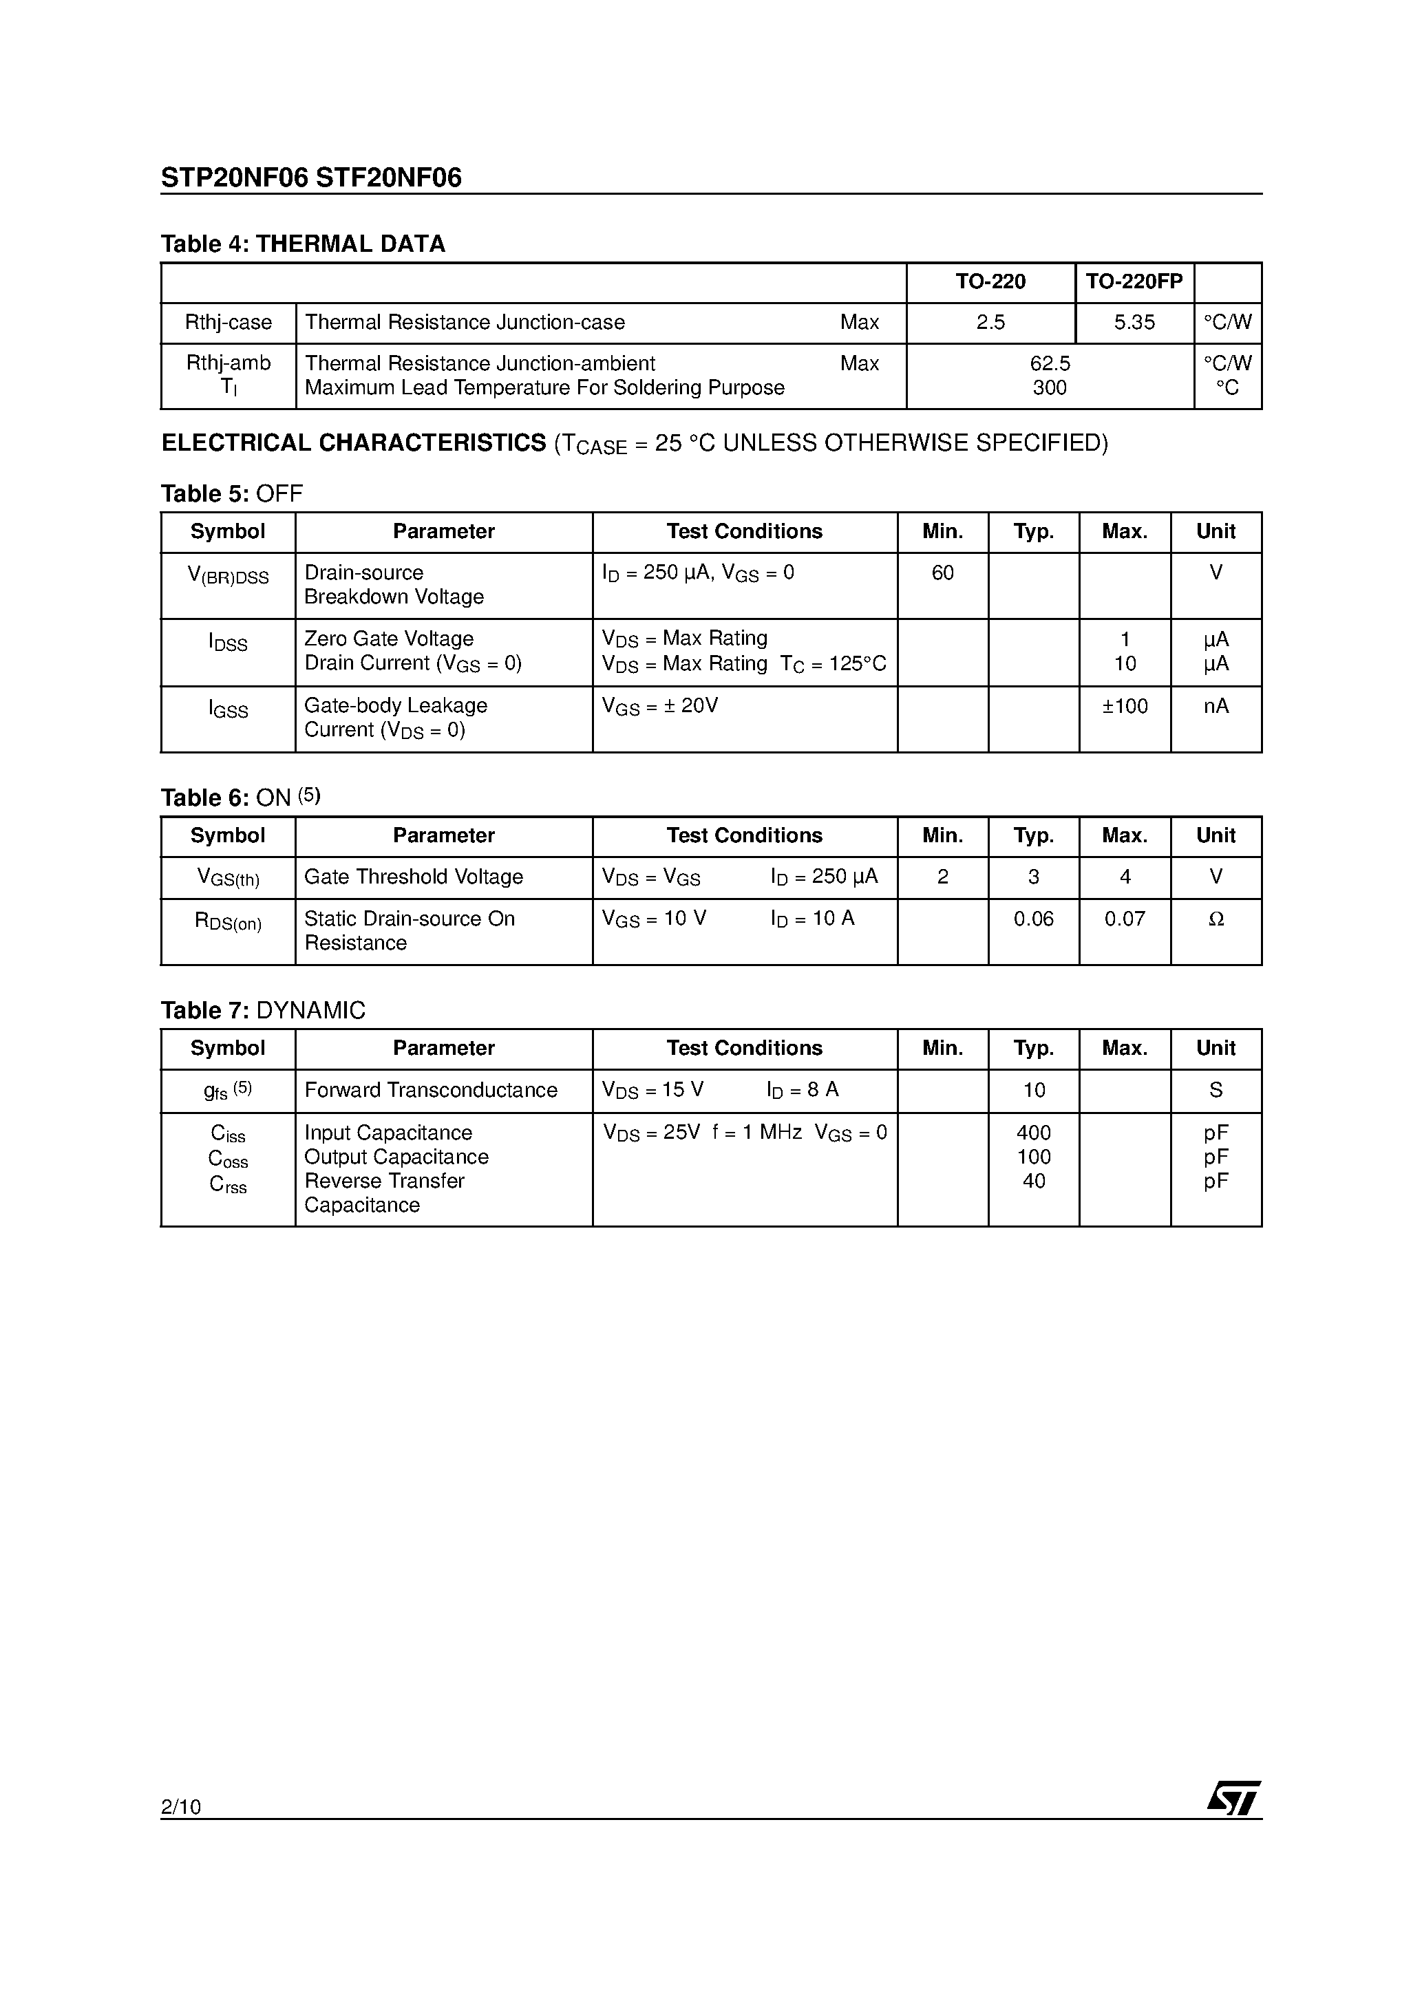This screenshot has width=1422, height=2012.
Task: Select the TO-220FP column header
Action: coord(1134,281)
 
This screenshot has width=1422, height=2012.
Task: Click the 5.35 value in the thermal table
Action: coord(1134,323)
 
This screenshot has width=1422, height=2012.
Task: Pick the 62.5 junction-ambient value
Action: coord(1050,363)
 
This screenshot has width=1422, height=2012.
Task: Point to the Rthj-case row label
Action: coord(228,323)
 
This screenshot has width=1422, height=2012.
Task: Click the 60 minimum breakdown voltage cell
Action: coord(942,573)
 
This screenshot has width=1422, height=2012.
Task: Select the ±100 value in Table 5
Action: coord(1125,706)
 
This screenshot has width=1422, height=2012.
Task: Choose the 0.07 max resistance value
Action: coord(1125,919)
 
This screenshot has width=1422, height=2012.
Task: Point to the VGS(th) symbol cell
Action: coord(228,877)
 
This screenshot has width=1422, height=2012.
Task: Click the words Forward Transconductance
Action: coord(430,1090)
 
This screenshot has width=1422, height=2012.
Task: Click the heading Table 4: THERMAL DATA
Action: coord(302,244)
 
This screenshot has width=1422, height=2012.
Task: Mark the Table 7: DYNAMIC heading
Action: coord(263,1010)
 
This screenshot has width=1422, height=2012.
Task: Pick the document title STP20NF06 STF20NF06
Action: coord(311,178)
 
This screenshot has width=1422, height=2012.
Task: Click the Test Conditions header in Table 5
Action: coord(744,532)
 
